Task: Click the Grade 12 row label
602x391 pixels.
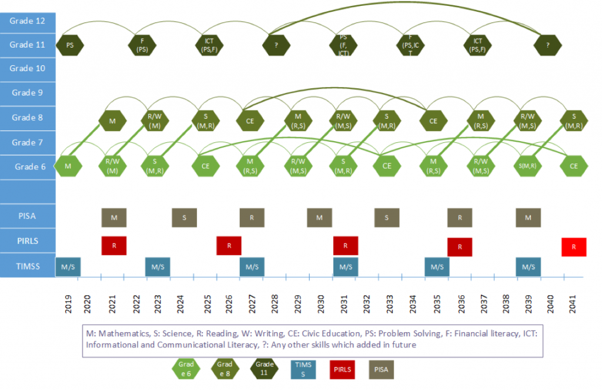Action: tap(28, 21)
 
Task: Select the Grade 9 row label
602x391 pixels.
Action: tap(28, 92)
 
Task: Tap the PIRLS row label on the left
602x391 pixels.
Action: tap(28, 240)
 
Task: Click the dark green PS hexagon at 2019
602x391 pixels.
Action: tap(70, 45)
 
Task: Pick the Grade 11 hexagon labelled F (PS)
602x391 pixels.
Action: tap(142, 45)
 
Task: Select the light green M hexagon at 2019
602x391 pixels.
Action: tap(68, 166)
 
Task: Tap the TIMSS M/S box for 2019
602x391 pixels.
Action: tap(68, 266)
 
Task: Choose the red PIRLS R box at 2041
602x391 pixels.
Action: tap(574, 247)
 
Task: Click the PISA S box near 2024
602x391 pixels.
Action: tap(185, 218)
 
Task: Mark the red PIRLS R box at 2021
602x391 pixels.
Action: tap(114, 245)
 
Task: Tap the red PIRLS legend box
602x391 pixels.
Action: tap(342, 369)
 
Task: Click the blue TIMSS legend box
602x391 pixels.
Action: tap(303, 369)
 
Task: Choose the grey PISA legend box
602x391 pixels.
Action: tap(382, 369)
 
